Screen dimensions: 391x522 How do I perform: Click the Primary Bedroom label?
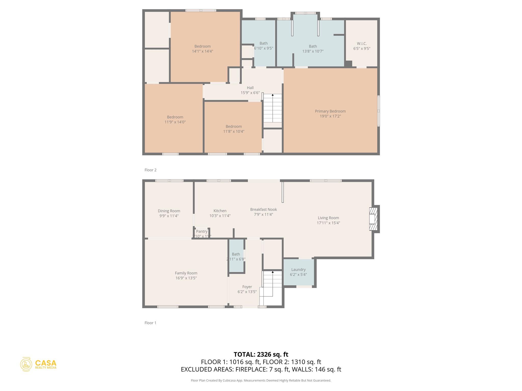[330, 111]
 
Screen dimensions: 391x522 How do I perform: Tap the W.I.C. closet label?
[362, 44]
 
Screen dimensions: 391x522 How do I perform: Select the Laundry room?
[298, 272]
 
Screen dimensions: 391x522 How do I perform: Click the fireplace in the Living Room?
[373, 219]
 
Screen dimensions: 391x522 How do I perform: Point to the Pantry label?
[202, 231]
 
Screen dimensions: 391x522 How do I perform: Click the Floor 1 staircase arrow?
[273, 272]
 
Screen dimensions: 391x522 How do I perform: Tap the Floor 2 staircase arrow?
[273, 95]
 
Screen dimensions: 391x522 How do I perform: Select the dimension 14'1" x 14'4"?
[202, 51]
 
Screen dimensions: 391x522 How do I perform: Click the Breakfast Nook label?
[263, 210]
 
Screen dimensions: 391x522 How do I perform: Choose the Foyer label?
[247, 287]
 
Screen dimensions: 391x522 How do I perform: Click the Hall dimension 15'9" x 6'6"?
[250, 93]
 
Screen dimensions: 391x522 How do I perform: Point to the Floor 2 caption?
[150, 170]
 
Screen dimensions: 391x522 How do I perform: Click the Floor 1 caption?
[150, 323]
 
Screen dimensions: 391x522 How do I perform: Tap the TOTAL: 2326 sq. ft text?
[261, 354]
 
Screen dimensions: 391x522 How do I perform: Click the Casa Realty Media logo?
[38, 364]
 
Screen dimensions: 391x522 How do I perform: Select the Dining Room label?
[169, 211]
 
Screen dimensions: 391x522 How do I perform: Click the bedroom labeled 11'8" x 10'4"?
[233, 129]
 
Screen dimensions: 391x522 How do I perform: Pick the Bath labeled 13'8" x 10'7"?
[313, 49]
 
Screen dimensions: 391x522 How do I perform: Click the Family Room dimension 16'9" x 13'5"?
[186, 278]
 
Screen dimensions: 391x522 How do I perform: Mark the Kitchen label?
[220, 211]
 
